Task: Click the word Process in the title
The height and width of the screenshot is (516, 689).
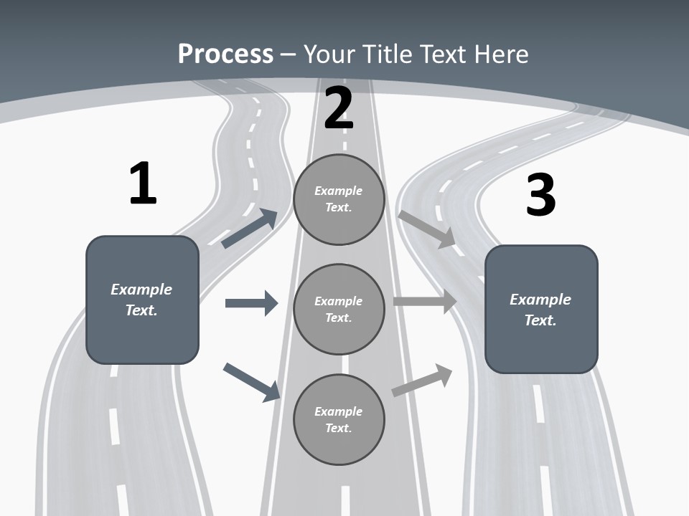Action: coord(225,54)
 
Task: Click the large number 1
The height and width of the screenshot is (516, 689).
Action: coord(143,184)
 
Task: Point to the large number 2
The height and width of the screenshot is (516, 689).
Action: coord(339,109)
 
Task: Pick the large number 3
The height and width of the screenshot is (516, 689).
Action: coord(540,195)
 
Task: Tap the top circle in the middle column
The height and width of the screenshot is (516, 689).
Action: coord(339,199)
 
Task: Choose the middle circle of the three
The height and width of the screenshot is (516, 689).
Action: coord(339,309)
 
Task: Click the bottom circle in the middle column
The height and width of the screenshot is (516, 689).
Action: coord(339,419)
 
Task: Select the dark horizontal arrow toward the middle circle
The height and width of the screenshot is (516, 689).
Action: coord(251,303)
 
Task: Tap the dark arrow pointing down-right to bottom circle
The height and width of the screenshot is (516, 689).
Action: coord(252,382)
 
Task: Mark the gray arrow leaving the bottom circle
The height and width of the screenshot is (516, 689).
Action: coord(422,381)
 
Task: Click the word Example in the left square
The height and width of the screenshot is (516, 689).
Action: coord(141,290)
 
